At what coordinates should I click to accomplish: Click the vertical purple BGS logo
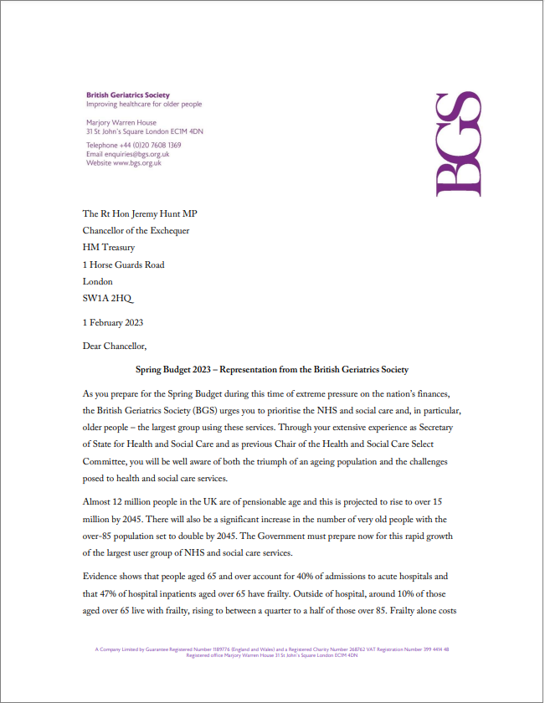pos(460,145)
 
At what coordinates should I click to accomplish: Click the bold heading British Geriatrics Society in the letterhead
pos(127,95)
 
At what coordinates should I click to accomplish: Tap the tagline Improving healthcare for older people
pos(144,105)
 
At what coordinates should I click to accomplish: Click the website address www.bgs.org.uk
pos(137,163)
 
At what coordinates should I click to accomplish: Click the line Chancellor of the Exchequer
pos(136,231)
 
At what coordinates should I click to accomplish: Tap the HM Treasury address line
pos(109,248)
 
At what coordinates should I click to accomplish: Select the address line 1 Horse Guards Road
pos(124,264)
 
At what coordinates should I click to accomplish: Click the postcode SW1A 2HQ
pos(107,299)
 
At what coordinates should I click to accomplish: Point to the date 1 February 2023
pos(113,322)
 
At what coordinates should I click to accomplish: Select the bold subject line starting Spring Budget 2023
pos(272,369)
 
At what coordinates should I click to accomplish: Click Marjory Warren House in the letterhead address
pos(121,123)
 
